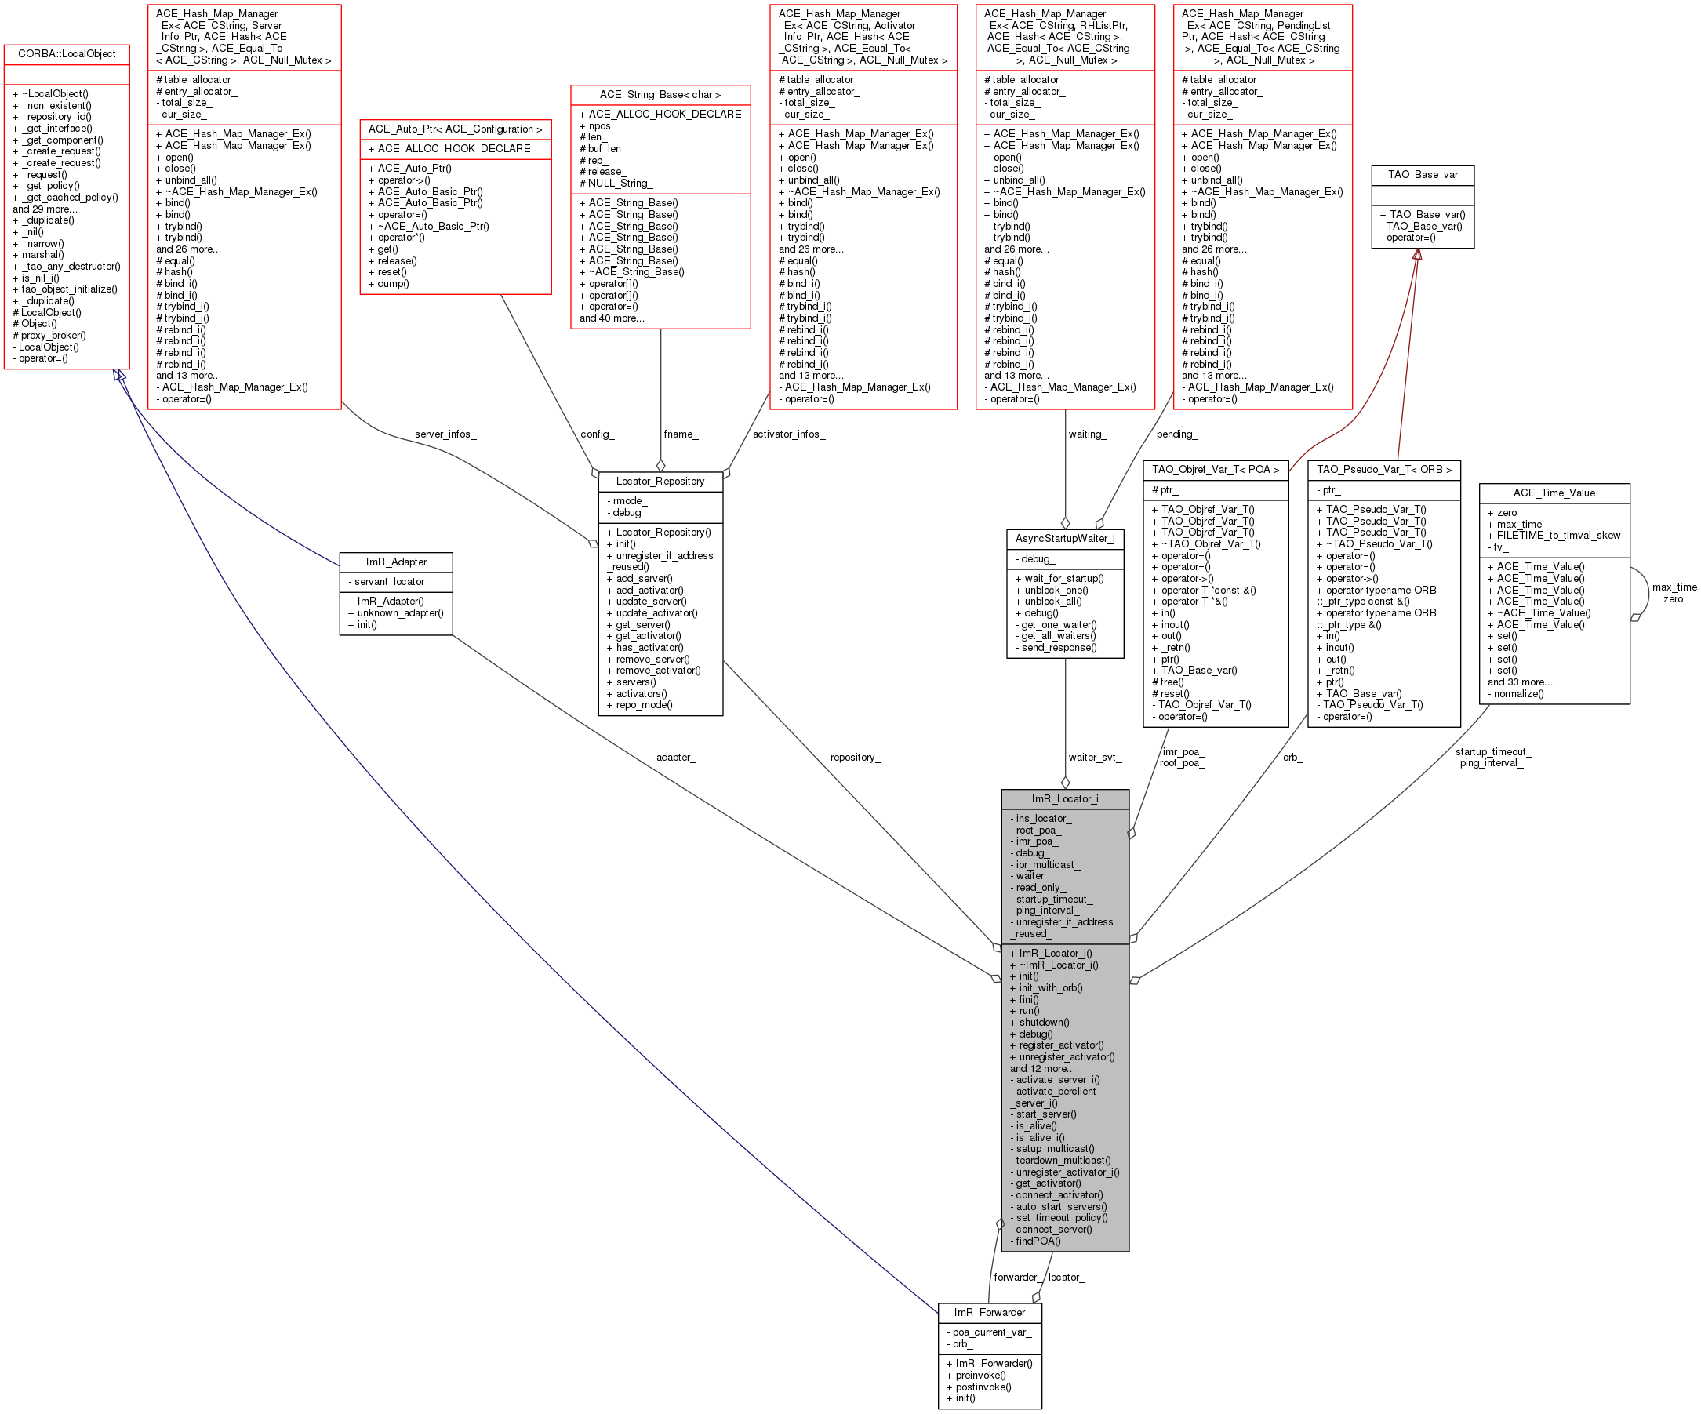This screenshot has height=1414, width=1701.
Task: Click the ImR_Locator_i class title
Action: (x=1064, y=798)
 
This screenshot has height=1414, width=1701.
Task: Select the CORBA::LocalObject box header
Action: (x=67, y=54)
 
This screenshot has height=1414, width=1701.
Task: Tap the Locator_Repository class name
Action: (x=660, y=481)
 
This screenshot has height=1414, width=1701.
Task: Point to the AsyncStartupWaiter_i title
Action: (x=1064, y=539)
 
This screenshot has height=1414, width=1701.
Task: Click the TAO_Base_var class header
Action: (x=1423, y=175)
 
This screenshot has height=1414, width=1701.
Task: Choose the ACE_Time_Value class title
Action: (x=1554, y=493)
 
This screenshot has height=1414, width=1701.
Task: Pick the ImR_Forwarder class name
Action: (x=989, y=1312)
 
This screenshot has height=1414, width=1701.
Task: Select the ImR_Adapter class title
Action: (x=396, y=562)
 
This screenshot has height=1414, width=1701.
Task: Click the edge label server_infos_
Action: (x=445, y=434)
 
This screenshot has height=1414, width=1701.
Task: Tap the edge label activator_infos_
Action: (x=789, y=434)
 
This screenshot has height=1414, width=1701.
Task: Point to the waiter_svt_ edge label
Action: (x=1095, y=758)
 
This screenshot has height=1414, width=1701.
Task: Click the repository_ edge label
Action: (x=856, y=758)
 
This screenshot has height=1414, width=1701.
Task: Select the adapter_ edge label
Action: (x=675, y=758)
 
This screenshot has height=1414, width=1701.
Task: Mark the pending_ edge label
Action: (x=1177, y=434)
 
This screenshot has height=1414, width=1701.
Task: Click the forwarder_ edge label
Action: (x=1016, y=1277)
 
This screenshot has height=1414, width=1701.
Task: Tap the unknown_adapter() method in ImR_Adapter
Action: (x=395, y=613)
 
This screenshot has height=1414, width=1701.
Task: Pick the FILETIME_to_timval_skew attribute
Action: (x=1554, y=536)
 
